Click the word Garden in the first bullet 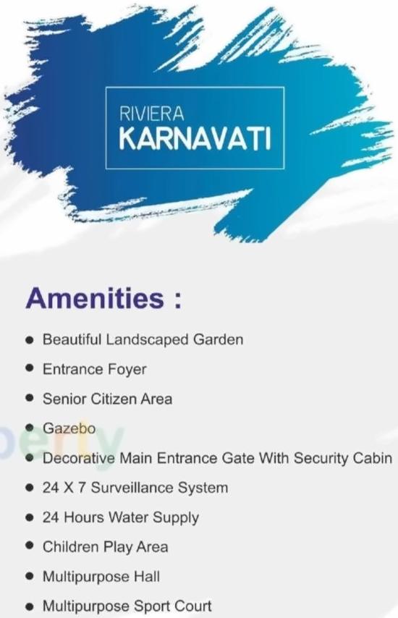(217, 339)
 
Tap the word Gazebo (69, 428)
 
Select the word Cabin (373, 458)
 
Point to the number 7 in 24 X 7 (82, 488)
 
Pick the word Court (191, 606)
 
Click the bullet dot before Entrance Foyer (29, 369)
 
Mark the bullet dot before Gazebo (29, 428)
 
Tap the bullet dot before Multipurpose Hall (29, 577)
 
